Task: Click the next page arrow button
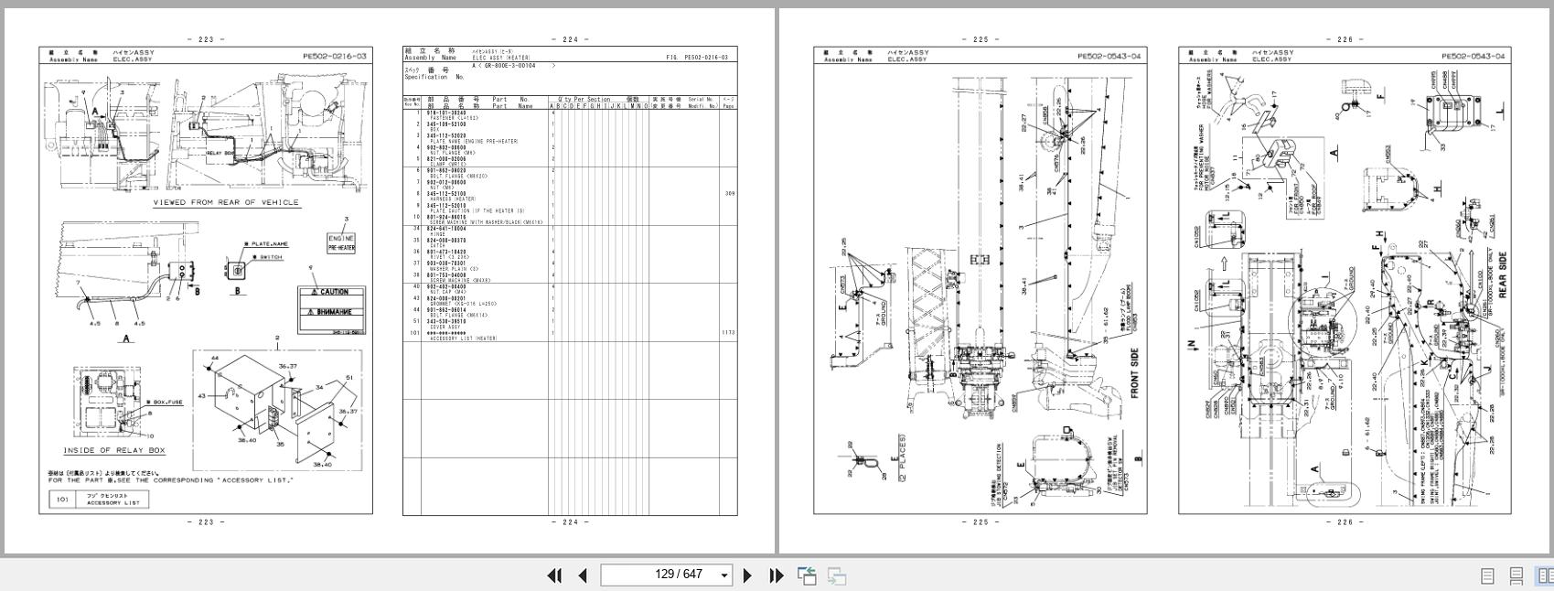pos(747,575)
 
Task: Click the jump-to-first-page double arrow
pos(554,575)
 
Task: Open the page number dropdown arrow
pos(724,575)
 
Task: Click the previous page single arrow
pos(583,575)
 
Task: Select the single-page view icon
pos(1487,575)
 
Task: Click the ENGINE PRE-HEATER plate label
pos(341,242)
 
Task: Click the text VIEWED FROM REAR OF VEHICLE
pos(225,202)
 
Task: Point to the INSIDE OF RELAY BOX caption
pos(114,451)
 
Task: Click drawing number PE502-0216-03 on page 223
pos(335,57)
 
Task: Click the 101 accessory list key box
pos(62,500)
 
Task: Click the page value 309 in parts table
pos(729,194)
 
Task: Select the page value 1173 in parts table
pos(728,333)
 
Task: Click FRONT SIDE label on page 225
pos(1135,372)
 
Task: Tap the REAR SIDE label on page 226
pos(1502,273)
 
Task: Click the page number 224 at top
pos(570,39)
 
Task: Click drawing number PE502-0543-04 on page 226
pos(1473,57)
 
